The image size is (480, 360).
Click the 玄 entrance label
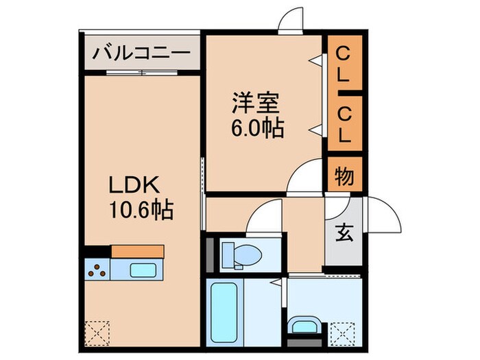[344, 233]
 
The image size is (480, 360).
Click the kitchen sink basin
[143, 269]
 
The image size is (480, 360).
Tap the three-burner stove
[97, 269]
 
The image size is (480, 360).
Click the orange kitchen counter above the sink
[137, 251]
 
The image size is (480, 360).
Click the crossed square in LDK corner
[97, 334]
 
